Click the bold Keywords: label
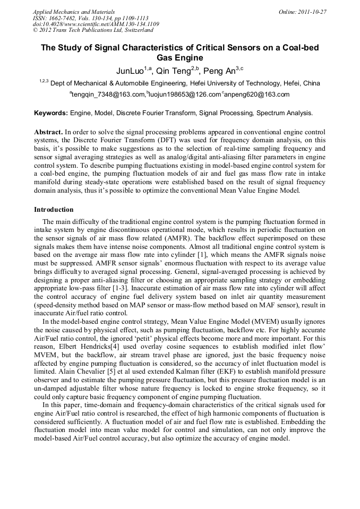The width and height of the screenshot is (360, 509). pos(51,113)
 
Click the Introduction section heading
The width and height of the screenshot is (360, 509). pos(54,210)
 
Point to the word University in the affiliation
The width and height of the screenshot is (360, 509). pos(225,83)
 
